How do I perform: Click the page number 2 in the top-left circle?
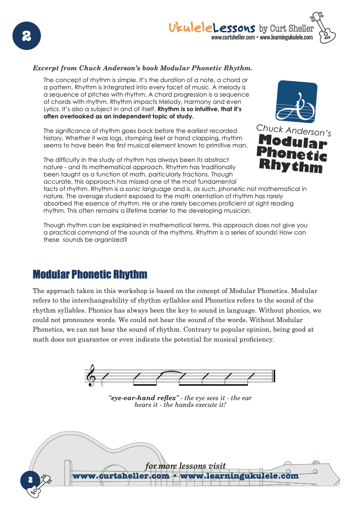pos(26,35)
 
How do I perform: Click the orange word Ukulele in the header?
pos(191,28)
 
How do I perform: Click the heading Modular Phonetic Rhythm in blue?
pos(90,274)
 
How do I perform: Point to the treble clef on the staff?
pos(93,375)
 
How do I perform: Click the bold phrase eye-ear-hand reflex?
pos(143,398)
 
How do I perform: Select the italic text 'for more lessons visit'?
pos(185,466)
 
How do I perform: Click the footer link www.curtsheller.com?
pos(121,476)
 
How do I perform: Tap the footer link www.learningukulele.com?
pos(240,476)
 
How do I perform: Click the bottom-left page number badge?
pos(30,480)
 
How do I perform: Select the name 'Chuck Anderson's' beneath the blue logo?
pos(294,130)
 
